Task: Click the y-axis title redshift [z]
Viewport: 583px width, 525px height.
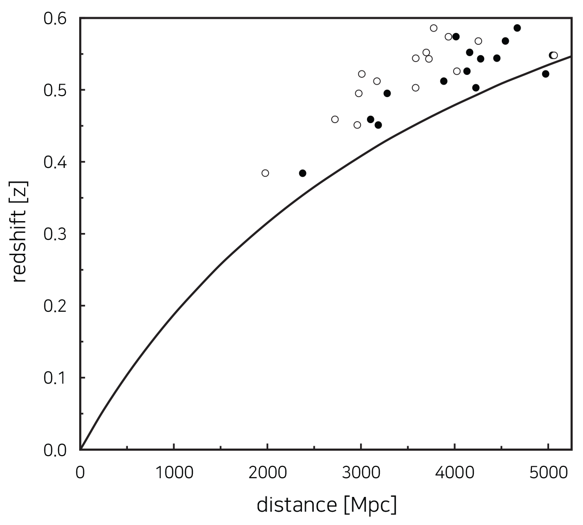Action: (x=20, y=232)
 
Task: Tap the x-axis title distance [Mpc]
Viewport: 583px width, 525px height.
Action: (x=326, y=505)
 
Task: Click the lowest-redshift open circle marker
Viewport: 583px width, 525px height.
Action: (x=265, y=173)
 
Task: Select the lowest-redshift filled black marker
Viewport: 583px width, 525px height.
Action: (x=303, y=173)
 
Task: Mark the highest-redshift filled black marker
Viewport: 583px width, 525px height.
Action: (x=517, y=28)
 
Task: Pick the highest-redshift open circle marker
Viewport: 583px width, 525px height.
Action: (x=433, y=28)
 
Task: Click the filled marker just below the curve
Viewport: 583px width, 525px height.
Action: (x=546, y=74)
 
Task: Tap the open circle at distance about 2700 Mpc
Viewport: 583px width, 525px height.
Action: (x=335, y=119)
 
